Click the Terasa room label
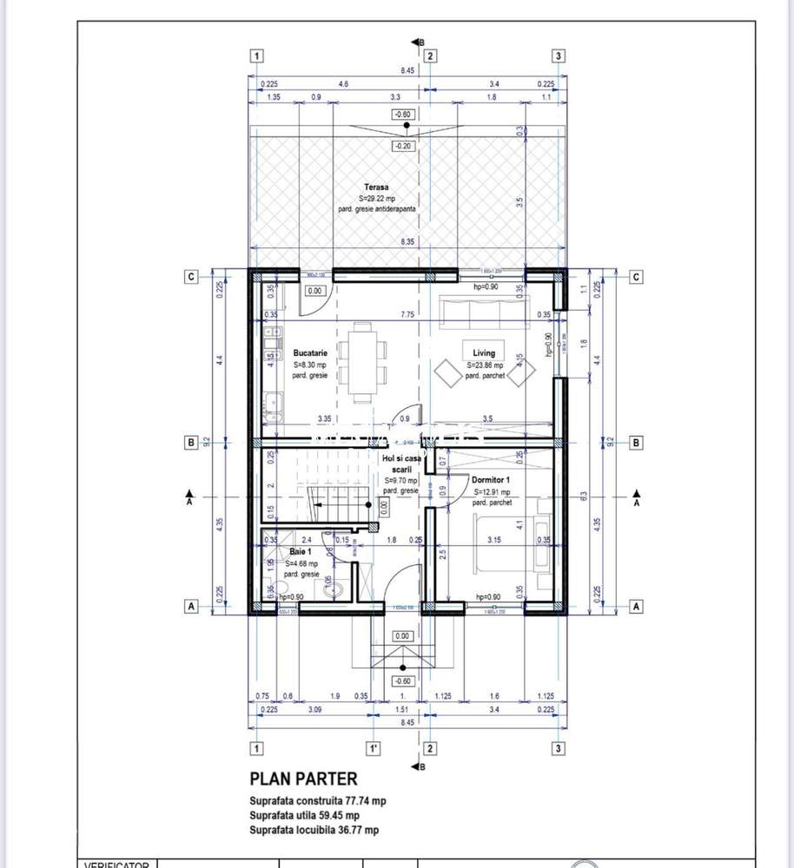tap(376, 187)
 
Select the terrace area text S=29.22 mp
tap(376, 199)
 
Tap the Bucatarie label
tap(310, 354)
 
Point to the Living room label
tap(484, 353)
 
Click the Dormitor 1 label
tap(491, 480)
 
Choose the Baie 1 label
tap(301, 552)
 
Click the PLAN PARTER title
tap(303, 779)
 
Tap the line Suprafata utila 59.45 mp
tap(304, 815)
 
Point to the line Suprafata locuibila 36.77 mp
tap(314, 831)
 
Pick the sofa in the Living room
tap(486, 312)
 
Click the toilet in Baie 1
tap(340, 590)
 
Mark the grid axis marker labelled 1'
tap(372, 747)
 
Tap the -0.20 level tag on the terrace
tap(401, 146)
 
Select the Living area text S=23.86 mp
tap(484, 365)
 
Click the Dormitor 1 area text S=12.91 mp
tap(491, 492)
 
